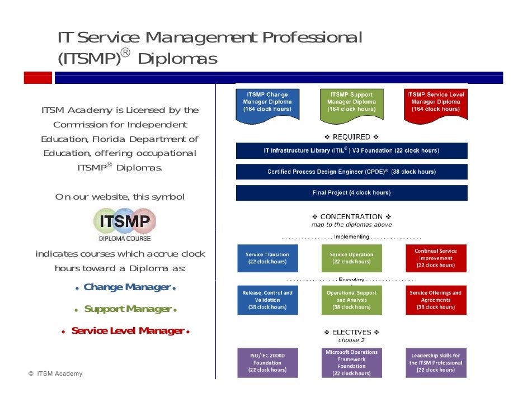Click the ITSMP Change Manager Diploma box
[267, 103]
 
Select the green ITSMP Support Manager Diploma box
[351, 103]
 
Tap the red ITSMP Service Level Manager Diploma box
[435, 103]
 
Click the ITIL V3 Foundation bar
[351, 150]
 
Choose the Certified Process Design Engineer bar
[351, 172]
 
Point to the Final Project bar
[351, 193]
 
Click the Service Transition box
[267, 258]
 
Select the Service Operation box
[351, 258]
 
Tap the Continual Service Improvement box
[435, 258]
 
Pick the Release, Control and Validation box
[267, 300]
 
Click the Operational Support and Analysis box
[351, 300]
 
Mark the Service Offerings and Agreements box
[435, 300]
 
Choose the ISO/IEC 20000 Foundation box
[267, 363]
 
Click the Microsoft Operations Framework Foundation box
[351, 363]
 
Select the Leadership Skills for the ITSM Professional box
[435, 363]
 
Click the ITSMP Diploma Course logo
[124, 225]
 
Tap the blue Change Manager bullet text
[126, 287]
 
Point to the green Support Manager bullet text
[127, 309]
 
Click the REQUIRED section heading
[351, 137]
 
